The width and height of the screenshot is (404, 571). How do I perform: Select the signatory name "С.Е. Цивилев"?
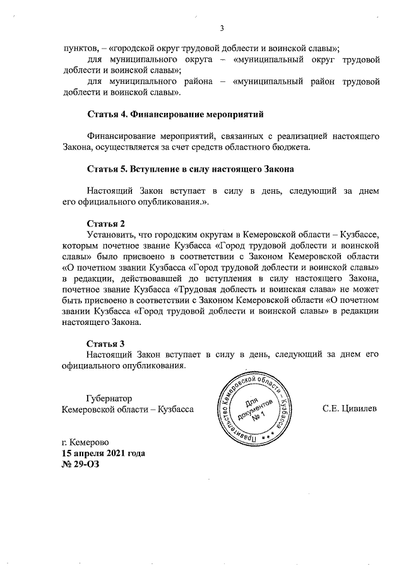coord(349,409)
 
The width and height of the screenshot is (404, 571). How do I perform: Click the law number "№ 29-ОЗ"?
coord(80,464)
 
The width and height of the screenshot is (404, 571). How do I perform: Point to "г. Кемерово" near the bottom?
coord(85,442)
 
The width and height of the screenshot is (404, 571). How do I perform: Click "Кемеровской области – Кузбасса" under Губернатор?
coord(127,409)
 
